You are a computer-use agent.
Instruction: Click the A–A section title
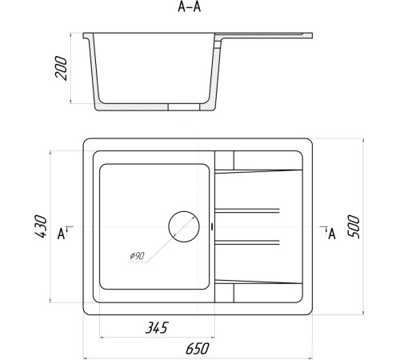(189, 7)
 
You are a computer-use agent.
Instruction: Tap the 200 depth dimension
(61, 68)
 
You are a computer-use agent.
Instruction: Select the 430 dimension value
(41, 226)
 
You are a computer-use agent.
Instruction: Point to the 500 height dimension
(354, 226)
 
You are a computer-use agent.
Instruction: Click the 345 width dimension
(157, 328)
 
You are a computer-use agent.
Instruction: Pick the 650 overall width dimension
(198, 349)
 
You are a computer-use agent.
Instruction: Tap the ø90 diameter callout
(137, 256)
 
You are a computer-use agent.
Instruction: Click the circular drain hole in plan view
(184, 226)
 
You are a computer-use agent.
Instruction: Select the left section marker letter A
(62, 234)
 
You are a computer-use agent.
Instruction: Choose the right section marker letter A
(332, 234)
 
